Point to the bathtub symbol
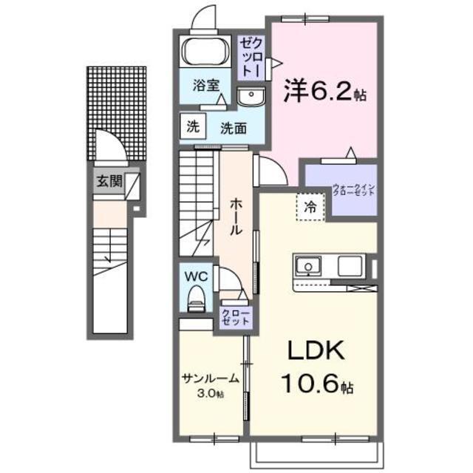point(207,52)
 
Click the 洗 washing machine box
point(193,126)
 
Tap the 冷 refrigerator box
point(311,208)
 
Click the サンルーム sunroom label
point(211,379)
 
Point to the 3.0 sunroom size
point(211,394)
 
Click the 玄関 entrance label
point(108,182)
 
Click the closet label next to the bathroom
point(248,57)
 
